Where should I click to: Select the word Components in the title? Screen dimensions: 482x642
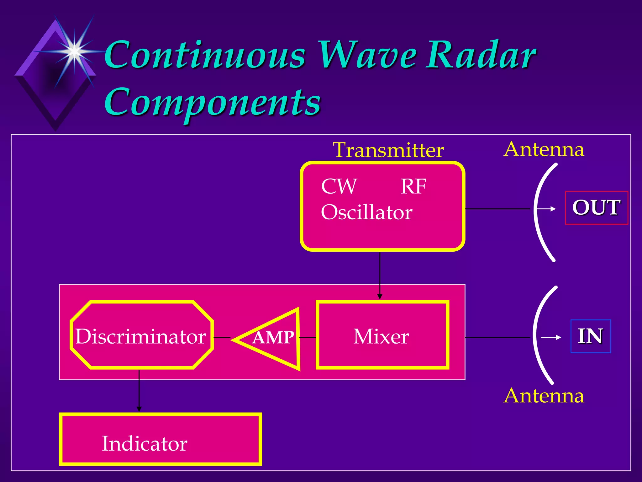[213, 102]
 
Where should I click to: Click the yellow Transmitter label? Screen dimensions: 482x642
[388, 150]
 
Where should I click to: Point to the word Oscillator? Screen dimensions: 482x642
[366, 212]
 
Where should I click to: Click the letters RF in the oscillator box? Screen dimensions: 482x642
[413, 186]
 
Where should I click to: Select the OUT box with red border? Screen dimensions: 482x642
[596, 207]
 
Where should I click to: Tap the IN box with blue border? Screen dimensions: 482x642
[591, 336]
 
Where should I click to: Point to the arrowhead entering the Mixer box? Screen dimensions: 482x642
[380, 297]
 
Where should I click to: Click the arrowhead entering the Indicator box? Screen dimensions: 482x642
[139, 409]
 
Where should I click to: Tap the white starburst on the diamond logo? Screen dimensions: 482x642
[74, 50]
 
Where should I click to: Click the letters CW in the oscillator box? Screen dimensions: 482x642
[339, 186]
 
